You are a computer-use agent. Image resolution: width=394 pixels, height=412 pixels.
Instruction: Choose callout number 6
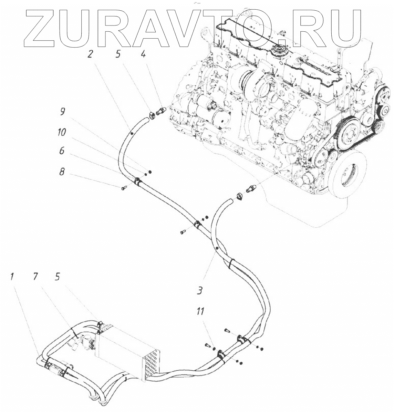point(62,151)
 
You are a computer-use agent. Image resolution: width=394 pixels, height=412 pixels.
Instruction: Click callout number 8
point(62,172)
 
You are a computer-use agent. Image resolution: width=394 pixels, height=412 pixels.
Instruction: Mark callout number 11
point(200,312)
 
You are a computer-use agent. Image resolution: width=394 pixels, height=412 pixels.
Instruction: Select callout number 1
point(12,276)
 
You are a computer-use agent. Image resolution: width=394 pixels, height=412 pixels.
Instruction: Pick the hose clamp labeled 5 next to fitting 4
point(152,115)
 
